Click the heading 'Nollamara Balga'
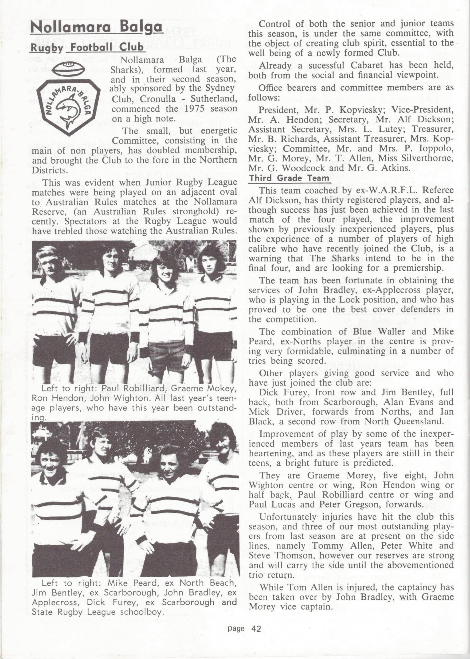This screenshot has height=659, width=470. pos(96,28)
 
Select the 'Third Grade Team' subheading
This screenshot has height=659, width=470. pos(289,178)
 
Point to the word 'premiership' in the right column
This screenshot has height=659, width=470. pos(418,268)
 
